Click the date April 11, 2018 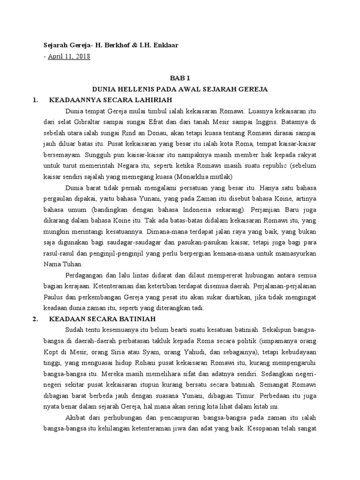pyautogui.click(x=68, y=56)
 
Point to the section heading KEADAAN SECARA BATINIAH pyautogui.click(x=100, y=319)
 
